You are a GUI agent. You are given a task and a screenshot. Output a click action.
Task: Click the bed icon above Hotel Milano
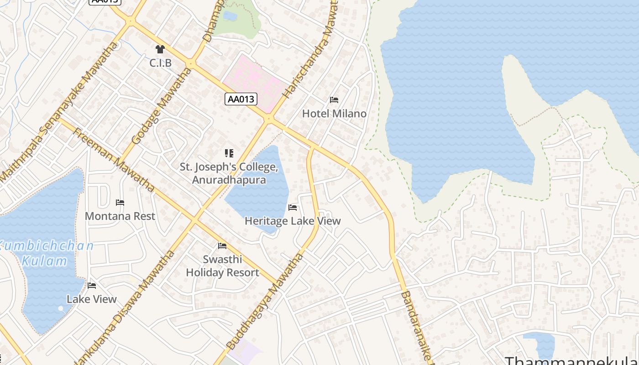(x=334, y=100)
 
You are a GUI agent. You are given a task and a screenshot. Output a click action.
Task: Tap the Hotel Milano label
(x=334, y=114)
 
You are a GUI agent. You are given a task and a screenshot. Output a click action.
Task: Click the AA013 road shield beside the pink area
(x=241, y=99)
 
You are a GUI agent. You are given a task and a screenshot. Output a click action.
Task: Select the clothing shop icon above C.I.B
(x=160, y=49)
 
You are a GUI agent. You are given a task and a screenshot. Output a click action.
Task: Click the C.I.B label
(x=161, y=63)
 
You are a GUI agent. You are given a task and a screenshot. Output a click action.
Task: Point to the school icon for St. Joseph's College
(x=229, y=153)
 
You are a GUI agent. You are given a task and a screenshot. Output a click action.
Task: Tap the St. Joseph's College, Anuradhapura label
(x=229, y=173)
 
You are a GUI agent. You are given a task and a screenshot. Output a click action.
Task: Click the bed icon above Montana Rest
(x=120, y=203)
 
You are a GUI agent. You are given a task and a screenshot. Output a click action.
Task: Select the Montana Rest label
(x=120, y=216)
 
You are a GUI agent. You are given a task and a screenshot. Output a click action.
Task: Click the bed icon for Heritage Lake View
(x=293, y=208)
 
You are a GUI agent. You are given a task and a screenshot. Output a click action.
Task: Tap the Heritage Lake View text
(x=293, y=221)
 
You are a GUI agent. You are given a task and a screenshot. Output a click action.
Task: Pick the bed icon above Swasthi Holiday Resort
(x=222, y=246)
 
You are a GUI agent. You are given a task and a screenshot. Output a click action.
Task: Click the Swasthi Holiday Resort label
(x=222, y=266)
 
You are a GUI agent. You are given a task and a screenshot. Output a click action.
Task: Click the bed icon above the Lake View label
(x=92, y=286)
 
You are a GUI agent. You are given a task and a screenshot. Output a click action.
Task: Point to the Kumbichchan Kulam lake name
(x=46, y=254)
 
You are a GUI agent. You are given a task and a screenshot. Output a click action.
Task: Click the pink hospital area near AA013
(x=253, y=80)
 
